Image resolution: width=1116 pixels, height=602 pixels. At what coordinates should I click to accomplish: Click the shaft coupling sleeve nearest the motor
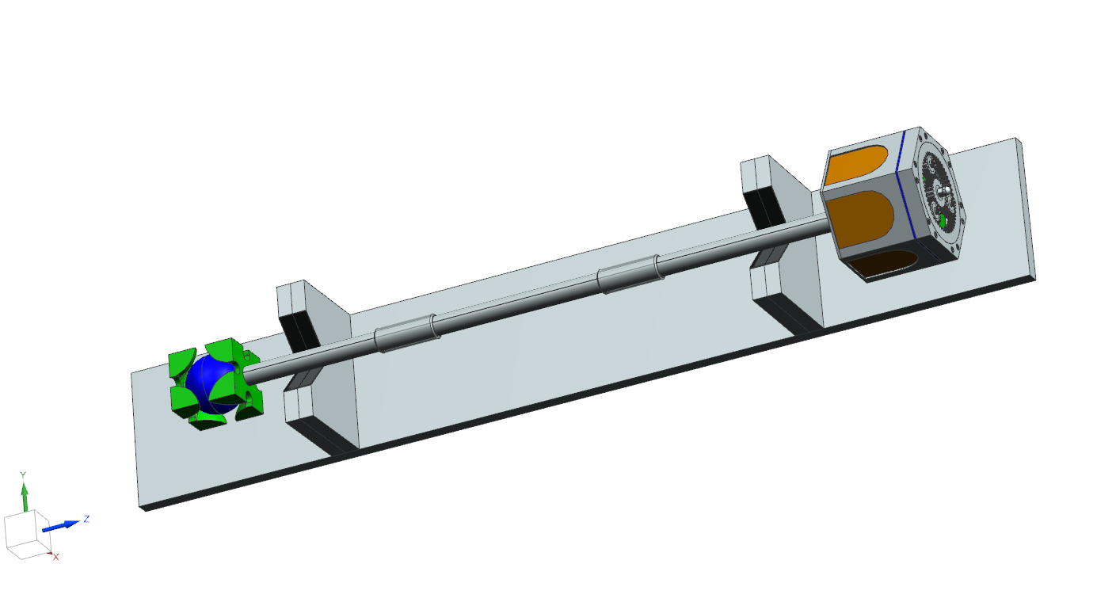pos(629,274)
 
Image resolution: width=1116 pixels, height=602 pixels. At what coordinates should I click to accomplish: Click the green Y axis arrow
pos(25,497)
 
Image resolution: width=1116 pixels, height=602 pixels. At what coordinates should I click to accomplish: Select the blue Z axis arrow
pos(60,524)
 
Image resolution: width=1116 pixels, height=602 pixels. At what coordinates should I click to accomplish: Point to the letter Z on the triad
pos(86,519)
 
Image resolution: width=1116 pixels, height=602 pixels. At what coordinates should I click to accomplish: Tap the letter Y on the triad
pos(23,474)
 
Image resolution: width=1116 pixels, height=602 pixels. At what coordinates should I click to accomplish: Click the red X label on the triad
pos(56,558)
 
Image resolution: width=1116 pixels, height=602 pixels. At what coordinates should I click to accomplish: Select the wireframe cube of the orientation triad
pos(26,536)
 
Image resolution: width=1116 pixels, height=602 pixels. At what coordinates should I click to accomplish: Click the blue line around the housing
pos(905,190)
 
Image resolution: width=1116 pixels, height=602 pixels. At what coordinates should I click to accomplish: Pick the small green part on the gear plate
pos(943,221)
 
